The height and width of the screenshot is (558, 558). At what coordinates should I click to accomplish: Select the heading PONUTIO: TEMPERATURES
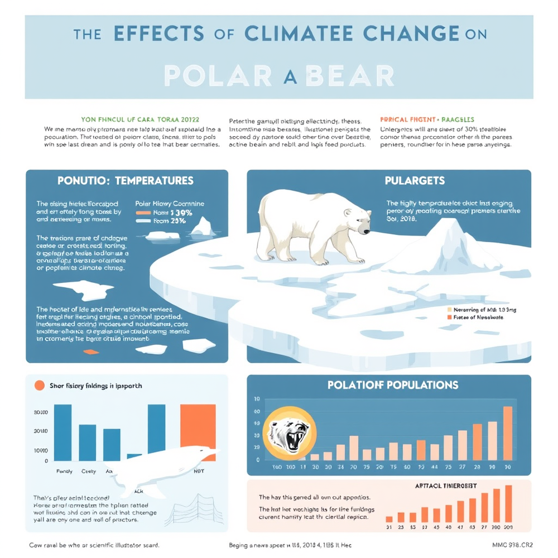coord(126,181)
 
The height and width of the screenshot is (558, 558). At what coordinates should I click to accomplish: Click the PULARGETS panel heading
coord(415,181)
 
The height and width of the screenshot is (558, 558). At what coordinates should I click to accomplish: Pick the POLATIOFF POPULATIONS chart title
coord(393,385)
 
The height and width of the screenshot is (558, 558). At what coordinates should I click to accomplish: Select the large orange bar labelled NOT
coord(198,432)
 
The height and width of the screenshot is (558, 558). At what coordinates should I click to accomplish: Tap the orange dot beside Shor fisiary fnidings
coord(39,386)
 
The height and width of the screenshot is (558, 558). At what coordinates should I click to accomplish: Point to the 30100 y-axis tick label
coord(41,412)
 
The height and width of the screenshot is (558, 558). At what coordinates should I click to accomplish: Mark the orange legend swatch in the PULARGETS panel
coord(449,317)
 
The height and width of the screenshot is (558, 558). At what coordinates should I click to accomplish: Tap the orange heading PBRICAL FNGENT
coord(427,119)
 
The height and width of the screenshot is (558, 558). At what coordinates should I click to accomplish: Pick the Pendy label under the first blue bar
coord(64,472)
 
